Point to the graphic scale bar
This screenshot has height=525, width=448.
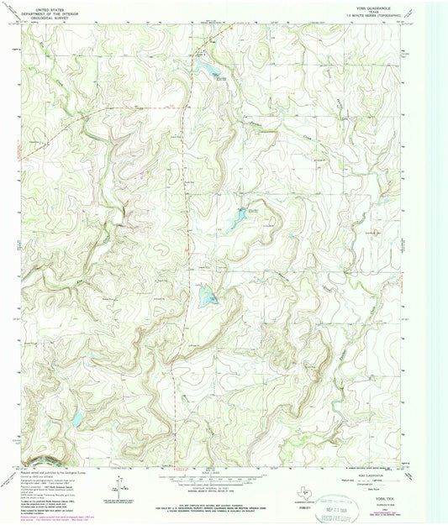click(x=224, y=475)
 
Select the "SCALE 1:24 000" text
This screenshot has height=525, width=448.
click(x=224, y=470)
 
